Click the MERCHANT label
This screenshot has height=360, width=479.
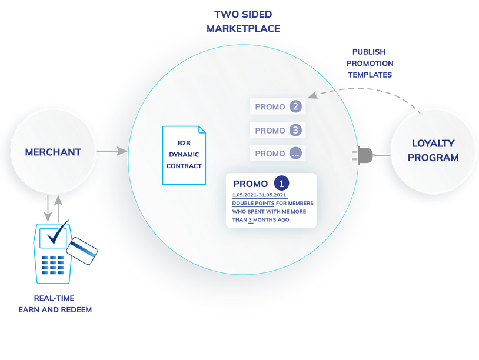[x=53, y=152]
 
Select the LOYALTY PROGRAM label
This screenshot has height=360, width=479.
[x=433, y=151]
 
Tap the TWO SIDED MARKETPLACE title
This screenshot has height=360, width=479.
[x=243, y=21]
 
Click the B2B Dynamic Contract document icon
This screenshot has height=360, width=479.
[x=184, y=155]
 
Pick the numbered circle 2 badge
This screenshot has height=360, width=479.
[x=295, y=106]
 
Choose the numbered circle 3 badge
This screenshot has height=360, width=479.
[x=295, y=130]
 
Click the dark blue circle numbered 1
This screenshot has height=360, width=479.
[x=281, y=183]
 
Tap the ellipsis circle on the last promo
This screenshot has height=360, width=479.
[x=295, y=154]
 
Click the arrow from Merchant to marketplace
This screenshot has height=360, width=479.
[x=112, y=151]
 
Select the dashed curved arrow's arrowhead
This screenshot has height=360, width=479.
[x=313, y=95]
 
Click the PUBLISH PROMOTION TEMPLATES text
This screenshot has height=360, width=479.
[x=370, y=64]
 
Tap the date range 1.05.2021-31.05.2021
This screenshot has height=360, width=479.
[x=259, y=195]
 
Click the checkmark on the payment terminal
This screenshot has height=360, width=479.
[x=58, y=232]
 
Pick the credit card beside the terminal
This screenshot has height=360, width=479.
[x=82, y=251]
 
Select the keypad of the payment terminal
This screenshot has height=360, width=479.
[x=53, y=265]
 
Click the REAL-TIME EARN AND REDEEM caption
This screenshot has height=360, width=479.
[x=55, y=304]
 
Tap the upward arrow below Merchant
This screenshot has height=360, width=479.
[x=58, y=209]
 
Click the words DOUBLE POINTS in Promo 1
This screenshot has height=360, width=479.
[x=253, y=203]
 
